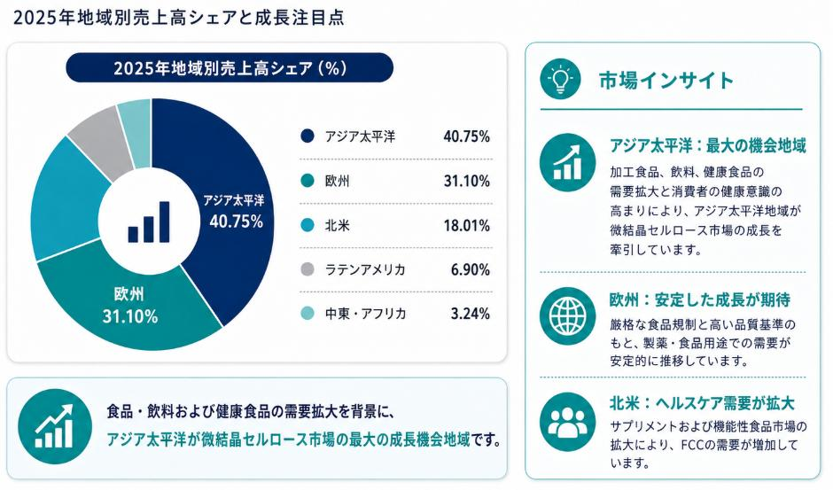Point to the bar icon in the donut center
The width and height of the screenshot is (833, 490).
click(149, 222)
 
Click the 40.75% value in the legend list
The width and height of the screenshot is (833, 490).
click(466, 136)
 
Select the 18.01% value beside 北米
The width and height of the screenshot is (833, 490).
click(466, 225)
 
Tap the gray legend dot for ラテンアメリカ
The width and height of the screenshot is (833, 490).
click(308, 269)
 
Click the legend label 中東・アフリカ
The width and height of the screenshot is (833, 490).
click(365, 314)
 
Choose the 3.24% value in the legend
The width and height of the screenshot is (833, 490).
click(471, 314)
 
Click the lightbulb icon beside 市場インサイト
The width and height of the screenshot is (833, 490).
click(560, 79)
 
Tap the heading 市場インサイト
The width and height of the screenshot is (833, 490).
click(666, 81)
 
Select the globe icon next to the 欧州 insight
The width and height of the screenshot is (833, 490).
click(567, 315)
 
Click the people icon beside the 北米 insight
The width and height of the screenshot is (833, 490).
click(567, 422)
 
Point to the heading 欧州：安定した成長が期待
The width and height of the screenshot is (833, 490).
click(700, 299)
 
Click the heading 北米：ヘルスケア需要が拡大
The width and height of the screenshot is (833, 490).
click(702, 403)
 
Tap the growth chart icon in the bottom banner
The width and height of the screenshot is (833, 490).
click(55, 426)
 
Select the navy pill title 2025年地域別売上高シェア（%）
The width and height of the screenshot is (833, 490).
click(230, 68)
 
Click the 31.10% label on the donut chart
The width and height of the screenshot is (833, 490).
click(130, 316)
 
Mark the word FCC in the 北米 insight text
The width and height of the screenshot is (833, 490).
click(692, 445)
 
